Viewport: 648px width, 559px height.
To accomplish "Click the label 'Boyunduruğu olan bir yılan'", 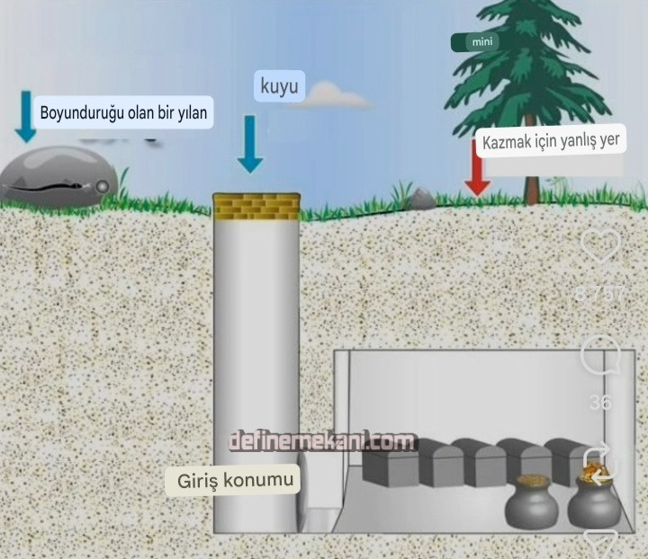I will pyautogui.click(x=123, y=113).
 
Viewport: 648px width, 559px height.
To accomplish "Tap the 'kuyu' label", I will pyautogui.click(x=278, y=87).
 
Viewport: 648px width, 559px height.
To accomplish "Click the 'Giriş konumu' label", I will pyautogui.click(x=233, y=481).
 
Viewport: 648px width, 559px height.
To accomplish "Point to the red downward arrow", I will pyautogui.click(x=477, y=170).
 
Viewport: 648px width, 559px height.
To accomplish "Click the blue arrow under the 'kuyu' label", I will pyautogui.click(x=250, y=144).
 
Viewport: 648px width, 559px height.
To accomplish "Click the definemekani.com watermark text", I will pyautogui.click(x=321, y=442).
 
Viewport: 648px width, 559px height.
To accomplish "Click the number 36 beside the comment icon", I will pyautogui.click(x=600, y=403).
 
